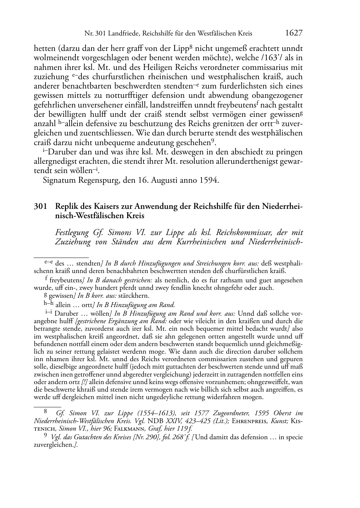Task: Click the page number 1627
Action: point(294,33)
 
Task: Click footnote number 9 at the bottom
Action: point(45,437)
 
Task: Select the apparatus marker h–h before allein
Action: point(48,305)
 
